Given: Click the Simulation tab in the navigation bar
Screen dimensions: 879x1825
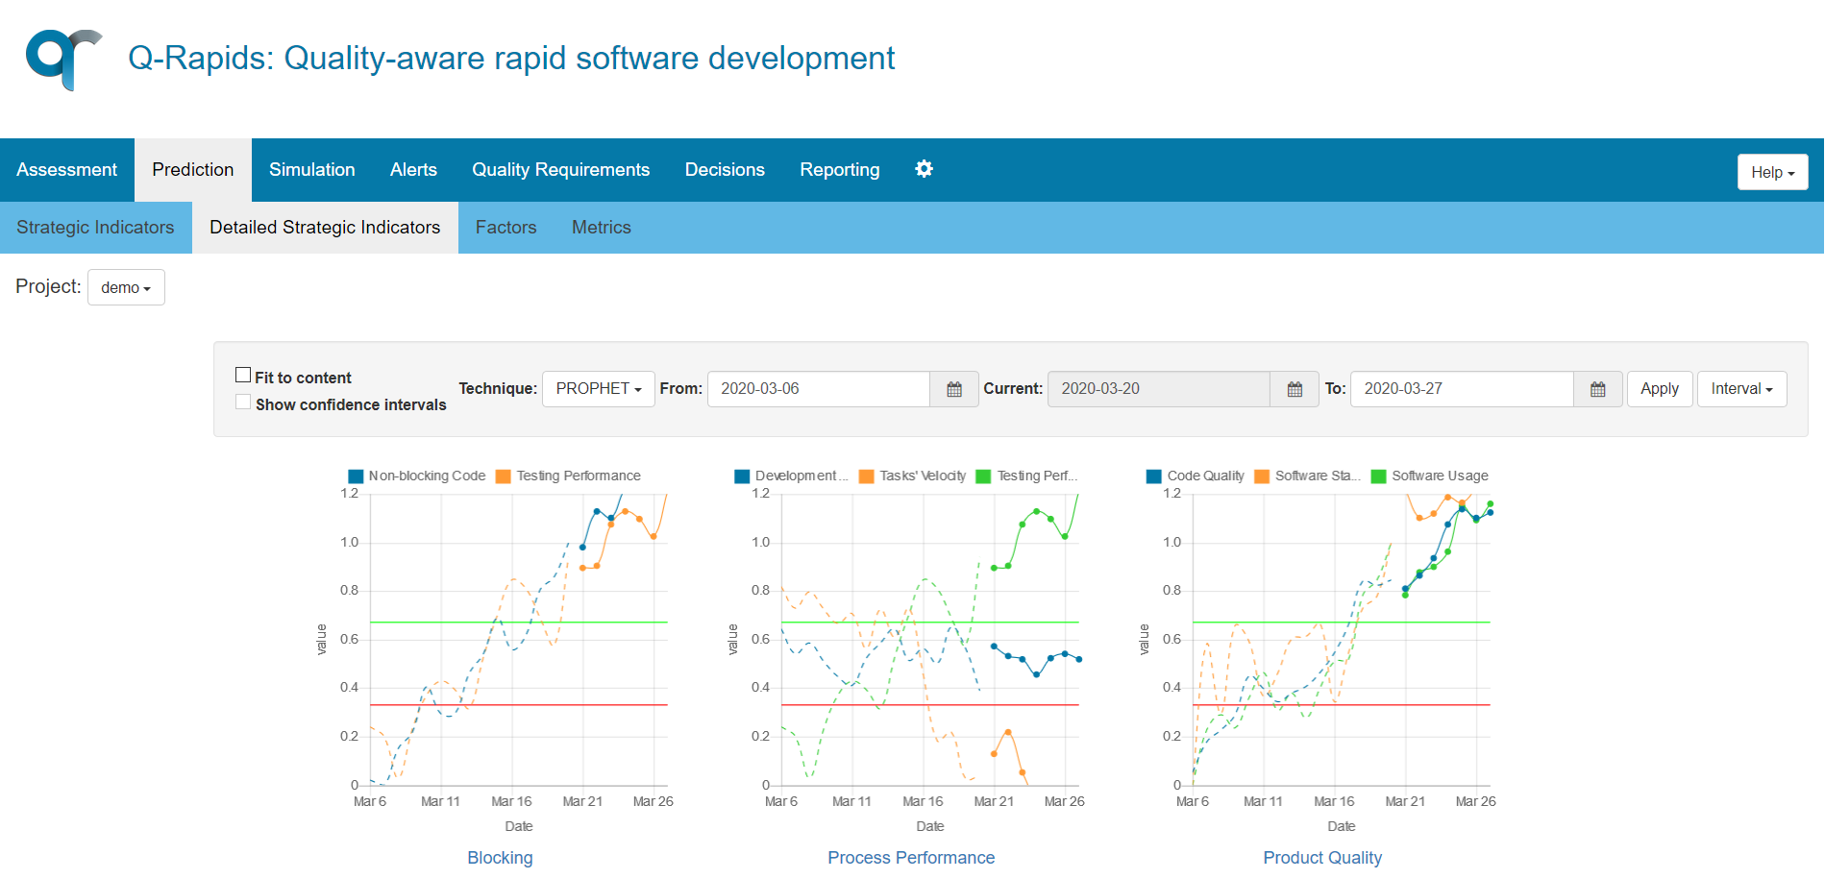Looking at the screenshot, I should (311, 170).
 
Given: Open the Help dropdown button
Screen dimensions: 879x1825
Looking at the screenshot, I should (1771, 172).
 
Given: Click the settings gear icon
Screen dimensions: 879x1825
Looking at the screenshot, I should (924, 169).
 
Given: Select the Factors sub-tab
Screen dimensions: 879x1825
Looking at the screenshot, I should (506, 228).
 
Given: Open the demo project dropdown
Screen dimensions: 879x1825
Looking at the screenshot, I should (126, 287).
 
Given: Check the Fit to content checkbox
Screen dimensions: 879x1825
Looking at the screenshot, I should (243, 376).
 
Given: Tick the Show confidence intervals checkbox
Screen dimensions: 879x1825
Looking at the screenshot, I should (243, 403).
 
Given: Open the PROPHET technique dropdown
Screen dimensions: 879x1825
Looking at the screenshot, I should (598, 389).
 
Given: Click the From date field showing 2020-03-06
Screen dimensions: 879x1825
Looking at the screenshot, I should (818, 389).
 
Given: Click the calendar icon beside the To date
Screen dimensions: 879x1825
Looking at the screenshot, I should (1597, 389).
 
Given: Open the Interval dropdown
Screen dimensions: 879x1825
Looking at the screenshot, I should (1740, 389).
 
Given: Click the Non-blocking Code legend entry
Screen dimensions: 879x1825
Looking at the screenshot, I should (417, 476).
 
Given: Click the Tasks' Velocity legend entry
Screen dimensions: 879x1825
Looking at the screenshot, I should (913, 476).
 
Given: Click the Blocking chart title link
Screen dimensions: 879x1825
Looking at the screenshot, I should (500, 858).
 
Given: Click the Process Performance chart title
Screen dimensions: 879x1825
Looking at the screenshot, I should (910, 858).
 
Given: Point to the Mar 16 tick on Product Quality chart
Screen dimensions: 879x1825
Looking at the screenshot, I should (1334, 801).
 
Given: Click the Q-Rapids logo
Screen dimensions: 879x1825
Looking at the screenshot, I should (63, 59).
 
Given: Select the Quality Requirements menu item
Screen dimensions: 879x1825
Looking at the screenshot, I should (560, 170).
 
